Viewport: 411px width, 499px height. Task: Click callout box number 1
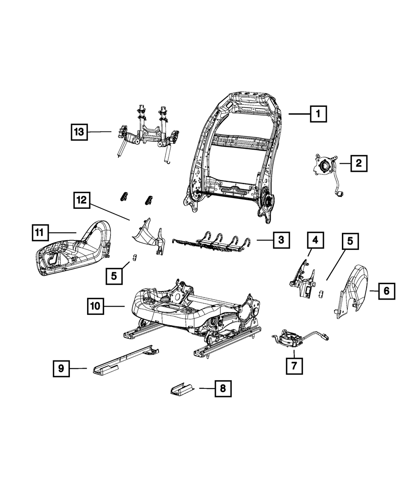point(318,114)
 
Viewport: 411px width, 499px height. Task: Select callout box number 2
point(358,164)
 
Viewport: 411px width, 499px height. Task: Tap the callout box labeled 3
point(281,240)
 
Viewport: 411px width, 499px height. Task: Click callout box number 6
point(386,291)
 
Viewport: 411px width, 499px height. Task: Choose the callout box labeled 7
point(294,365)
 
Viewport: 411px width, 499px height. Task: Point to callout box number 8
point(222,388)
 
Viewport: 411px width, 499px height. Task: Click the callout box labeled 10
point(95,306)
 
